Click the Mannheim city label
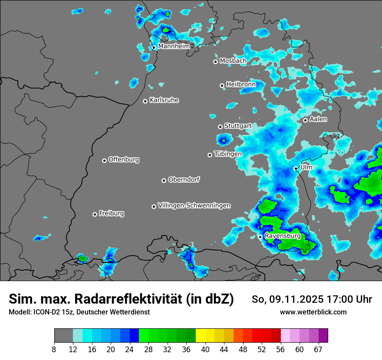[174, 46]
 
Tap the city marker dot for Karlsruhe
[145, 101]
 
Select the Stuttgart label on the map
[238, 126]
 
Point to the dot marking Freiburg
[95, 214]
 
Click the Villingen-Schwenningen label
[194, 206]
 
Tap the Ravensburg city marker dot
[260, 237]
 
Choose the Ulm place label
[306, 167]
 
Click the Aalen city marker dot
[305, 120]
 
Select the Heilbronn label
[241, 85]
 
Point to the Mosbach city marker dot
[215, 62]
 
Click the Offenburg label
[124, 160]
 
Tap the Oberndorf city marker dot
[164, 180]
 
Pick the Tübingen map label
[228, 154]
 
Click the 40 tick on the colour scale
[205, 350]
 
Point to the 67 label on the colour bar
[318, 350]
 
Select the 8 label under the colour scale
[54, 350]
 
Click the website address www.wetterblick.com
[313, 312]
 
